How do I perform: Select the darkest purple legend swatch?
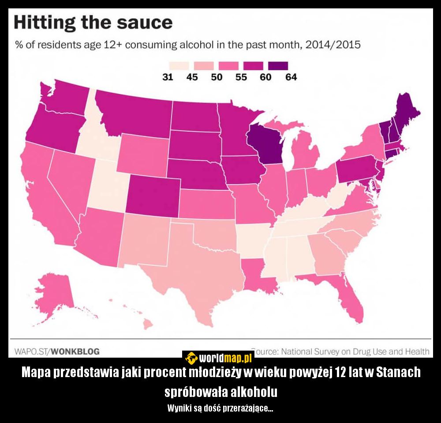click(279, 66)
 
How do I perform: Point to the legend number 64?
click(291, 77)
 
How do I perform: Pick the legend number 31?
click(168, 77)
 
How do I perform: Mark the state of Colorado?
click(153, 197)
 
